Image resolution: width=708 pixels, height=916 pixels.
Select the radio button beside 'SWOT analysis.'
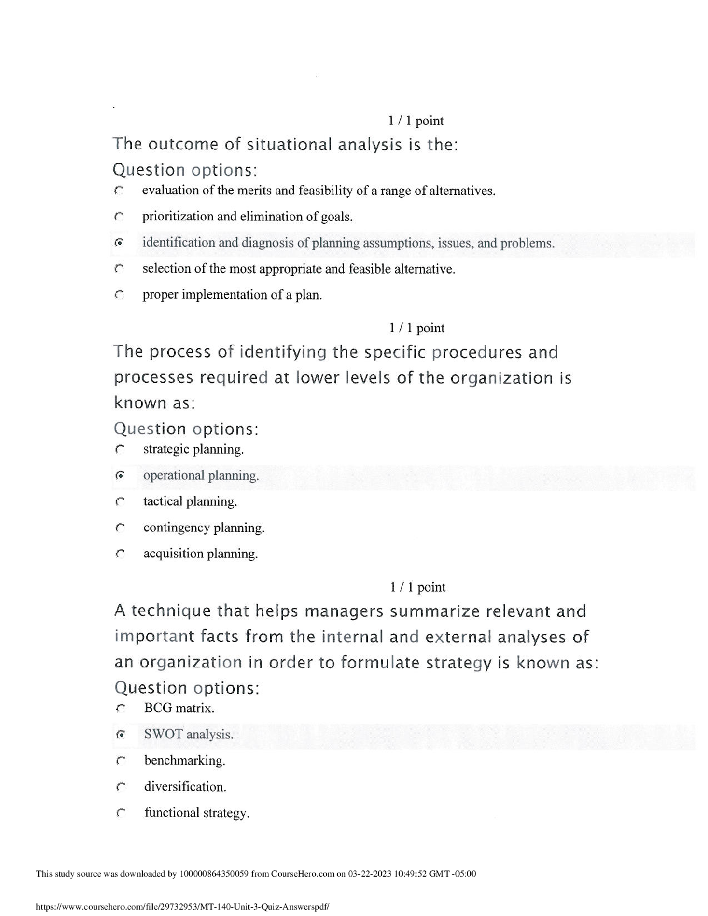(x=120, y=734)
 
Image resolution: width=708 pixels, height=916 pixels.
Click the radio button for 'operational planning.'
(x=120, y=475)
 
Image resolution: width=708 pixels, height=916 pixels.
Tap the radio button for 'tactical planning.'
(x=120, y=502)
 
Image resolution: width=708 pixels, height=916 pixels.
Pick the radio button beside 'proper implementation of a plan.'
(x=119, y=295)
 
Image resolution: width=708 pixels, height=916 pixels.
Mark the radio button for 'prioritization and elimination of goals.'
(x=119, y=217)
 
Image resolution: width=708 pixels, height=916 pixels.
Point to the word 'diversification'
(x=184, y=786)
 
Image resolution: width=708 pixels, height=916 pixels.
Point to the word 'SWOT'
(x=163, y=734)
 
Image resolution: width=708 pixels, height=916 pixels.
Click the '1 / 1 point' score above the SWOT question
(x=417, y=587)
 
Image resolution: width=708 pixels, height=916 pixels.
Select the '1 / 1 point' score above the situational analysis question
(x=416, y=121)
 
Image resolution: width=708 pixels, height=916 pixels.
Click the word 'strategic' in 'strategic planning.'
(x=166, y=449)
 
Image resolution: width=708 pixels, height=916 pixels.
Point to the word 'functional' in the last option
(x=172, y=812)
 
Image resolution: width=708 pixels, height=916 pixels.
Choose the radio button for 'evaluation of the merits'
(x=119, y=190)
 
